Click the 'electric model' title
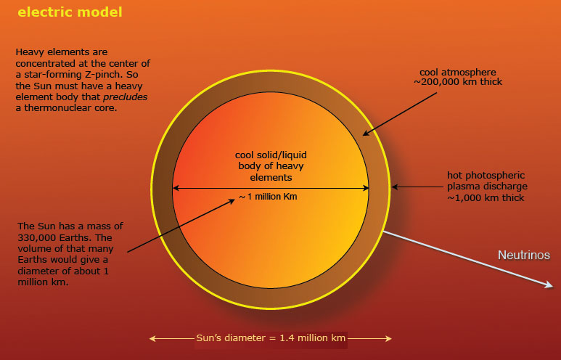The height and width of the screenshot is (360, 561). coord(70,12)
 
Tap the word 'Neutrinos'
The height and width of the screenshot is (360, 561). coord(524,255)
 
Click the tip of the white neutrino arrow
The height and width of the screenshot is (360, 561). coord(553,287)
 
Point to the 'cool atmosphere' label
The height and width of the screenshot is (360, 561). coord(458,73)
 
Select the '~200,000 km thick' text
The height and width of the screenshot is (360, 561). coord(458,82)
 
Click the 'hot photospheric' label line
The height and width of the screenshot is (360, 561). coord(486,176)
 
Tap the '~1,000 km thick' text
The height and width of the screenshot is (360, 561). coord(485,198)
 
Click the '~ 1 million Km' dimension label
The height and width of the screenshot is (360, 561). coord(268,197)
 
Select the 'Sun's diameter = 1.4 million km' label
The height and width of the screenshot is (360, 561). coord(271,337)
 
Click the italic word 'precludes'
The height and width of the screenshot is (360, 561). coord(126,97)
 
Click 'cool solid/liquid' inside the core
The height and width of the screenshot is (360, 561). coord(271,155)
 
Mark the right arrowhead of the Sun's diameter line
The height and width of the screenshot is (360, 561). coord(388,338)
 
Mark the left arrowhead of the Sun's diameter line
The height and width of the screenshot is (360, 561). coord(153,338)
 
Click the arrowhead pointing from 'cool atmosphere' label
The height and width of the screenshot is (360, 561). coord(366,134)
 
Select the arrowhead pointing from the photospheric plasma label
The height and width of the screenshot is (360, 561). coord(395,187)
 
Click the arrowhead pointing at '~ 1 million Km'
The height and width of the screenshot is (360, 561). coord(232,201)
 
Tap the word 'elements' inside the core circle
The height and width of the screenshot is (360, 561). coord(271,178)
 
